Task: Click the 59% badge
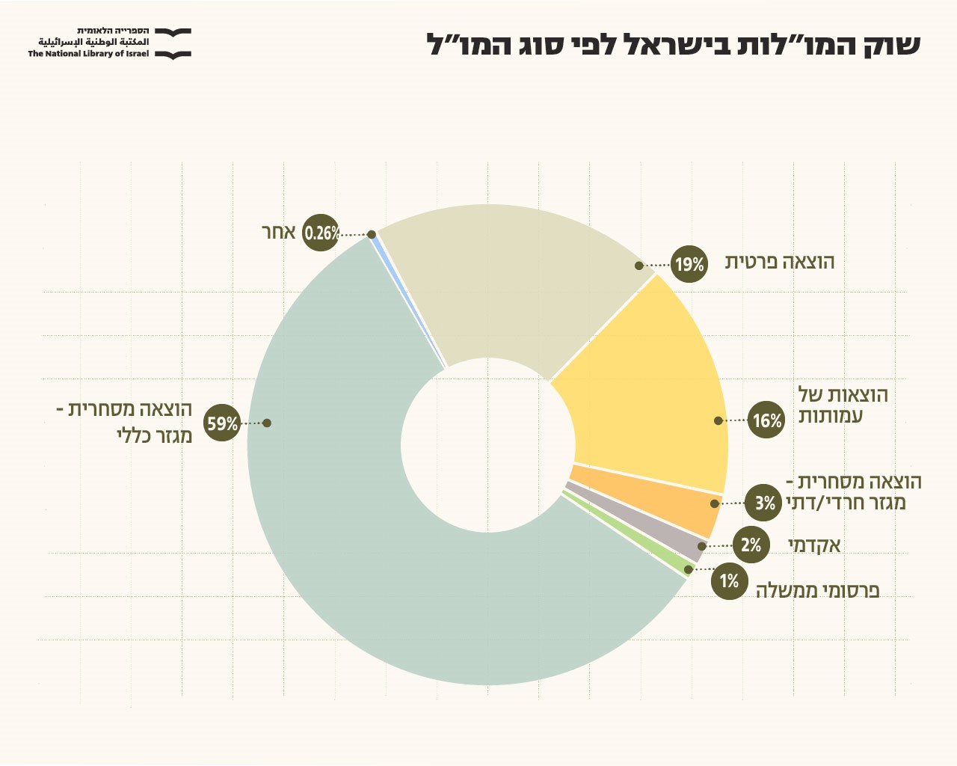click(x=222, y=423)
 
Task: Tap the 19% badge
click(x=689, y=264)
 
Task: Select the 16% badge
click(x=766, y=420)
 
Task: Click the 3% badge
click(x=764, y=503)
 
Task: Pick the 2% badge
click(x=751, y=545)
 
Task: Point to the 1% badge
click(x=729, y=580)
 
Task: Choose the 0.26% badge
click(x=321, y=233)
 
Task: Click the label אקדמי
click(x=814, y=545)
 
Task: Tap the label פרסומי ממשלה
click(x=817, y=590)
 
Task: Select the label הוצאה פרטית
click(x=780, y=262)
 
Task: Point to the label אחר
click(x=279, y=232)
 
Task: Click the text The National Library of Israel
click(x=88, y=54)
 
